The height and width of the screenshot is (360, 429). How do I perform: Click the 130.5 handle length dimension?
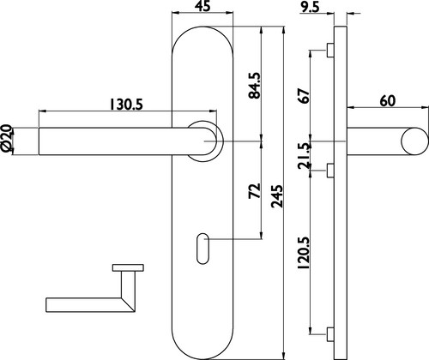click(x=126, y=105)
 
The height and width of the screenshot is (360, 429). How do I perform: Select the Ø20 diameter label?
click(x=6, y=138)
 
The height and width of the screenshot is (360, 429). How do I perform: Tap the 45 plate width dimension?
click(x=202, y=6)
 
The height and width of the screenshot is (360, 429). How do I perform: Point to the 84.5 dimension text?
click(x=254, y=86)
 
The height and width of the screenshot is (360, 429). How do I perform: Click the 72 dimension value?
click(x=255, y=191)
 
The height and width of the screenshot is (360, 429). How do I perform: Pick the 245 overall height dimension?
click(x=277, y=196)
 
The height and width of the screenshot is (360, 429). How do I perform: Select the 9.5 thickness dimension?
click(x=310, y=8)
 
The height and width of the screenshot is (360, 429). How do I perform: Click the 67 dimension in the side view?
click(x=304, y=96)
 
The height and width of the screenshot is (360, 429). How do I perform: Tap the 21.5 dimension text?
click(x=304, y=156)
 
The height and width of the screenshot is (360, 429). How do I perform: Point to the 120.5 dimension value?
click(x=304, y=253)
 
